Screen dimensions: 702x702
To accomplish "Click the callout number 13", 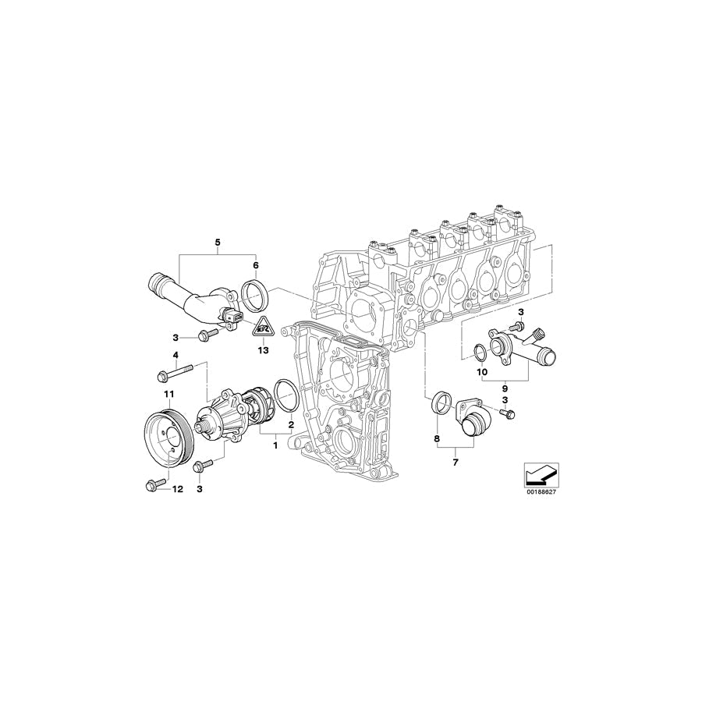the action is (264, 350).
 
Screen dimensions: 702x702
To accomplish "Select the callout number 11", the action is (168, 394).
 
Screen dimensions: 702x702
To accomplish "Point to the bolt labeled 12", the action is (155, 484).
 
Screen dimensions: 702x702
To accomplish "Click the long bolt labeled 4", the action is (175, 370).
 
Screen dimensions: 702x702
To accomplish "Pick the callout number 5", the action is (218, 243).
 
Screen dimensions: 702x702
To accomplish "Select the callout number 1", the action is (275, 445).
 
